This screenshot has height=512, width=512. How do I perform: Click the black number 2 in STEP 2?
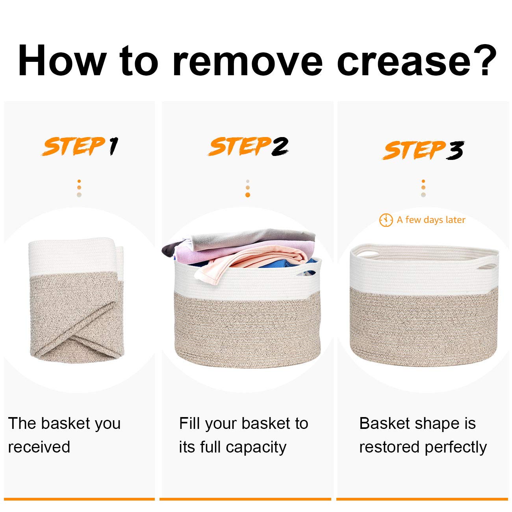pyautogui.click(x=279, y=147)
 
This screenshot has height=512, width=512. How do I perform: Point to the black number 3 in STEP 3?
pyautogui.click(x=454, y=150)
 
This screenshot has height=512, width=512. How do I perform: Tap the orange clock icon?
pyautogui.click(x=386, y=220)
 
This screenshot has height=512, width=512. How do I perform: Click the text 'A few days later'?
pyautogui.click(x=431, y=220)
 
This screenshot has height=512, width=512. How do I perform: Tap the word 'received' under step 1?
pyautogui.click(x=39, y=447)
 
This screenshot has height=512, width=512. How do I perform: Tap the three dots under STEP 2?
pyautogui.click(x=247, y=188)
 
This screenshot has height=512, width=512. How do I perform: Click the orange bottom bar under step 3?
pyautogui.click(x=422, y=499)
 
